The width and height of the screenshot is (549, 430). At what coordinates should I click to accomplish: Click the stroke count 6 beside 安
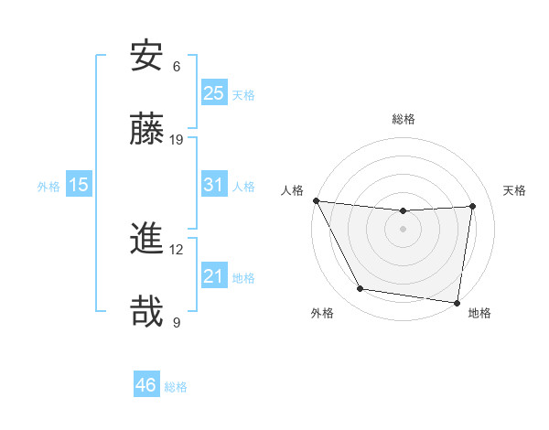tap(177, 67)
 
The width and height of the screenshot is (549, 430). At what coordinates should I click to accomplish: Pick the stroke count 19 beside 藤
tap(177, 139)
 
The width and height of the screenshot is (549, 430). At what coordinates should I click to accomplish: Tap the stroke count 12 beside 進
tap(177, 250)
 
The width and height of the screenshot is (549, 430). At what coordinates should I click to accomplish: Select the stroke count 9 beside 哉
tap(177, 322)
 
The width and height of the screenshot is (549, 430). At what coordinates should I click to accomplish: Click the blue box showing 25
tap(213, 92)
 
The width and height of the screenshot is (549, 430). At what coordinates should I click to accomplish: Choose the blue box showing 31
tap(213, 185)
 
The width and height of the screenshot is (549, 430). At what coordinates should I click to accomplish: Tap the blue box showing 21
tap(213, 276)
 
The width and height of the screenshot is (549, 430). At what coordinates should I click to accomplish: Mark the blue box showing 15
tap(79, 185)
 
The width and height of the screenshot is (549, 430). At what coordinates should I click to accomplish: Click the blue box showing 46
tap(145, 385)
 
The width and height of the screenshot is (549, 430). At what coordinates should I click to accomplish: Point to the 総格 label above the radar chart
tap(404, 119)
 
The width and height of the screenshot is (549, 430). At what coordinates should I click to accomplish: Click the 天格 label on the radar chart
tap(515, 190)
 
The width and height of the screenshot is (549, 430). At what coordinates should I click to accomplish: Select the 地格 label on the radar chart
tap(479, 313)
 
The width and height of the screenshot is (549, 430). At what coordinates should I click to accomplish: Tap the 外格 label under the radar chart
tap(322, 313)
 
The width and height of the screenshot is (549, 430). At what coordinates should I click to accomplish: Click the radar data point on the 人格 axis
tap(316, 200)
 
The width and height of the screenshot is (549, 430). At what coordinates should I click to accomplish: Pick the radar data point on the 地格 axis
tap(457, 302)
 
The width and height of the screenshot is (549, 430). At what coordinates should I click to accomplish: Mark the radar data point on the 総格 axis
tap(403, 211)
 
